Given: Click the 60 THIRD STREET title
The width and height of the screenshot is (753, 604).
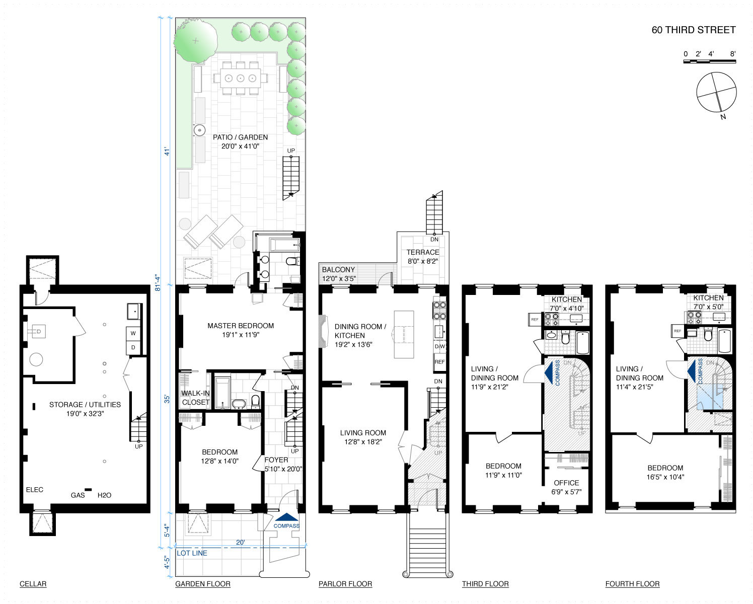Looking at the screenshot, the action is point(693,30).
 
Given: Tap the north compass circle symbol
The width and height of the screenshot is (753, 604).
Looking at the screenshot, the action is point(716,93).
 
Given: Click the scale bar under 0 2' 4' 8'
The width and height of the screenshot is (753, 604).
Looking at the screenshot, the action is point(709,61).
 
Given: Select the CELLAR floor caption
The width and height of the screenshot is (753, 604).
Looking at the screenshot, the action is point(33,584).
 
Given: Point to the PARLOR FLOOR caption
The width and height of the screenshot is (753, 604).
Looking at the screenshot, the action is point(345,584).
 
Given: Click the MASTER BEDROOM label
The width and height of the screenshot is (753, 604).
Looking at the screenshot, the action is point(241,326).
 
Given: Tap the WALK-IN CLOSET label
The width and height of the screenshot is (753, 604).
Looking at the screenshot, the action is point(195,398).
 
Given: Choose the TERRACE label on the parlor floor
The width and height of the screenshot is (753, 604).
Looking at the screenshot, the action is point(422,252).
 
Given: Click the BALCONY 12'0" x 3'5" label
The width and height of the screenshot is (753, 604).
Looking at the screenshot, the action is point(339,274).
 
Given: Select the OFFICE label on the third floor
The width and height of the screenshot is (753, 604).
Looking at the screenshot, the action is point(566,483).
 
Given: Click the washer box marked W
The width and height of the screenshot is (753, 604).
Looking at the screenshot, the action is point(133,334).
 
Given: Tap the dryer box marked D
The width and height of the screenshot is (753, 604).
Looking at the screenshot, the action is point(133,347).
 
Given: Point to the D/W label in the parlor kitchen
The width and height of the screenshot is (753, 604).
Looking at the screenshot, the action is point(440,346).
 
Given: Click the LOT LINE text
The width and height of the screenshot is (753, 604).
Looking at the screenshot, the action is point(192,553).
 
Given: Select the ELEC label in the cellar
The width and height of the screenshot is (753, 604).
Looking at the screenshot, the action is point(35,490).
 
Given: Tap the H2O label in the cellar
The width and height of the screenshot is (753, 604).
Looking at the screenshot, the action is point(104,495).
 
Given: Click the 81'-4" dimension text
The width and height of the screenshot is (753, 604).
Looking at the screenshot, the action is point(158,282).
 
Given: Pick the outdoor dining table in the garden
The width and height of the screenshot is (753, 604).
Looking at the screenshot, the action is point(241,78).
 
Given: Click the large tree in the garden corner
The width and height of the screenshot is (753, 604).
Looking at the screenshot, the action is point(195,41).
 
